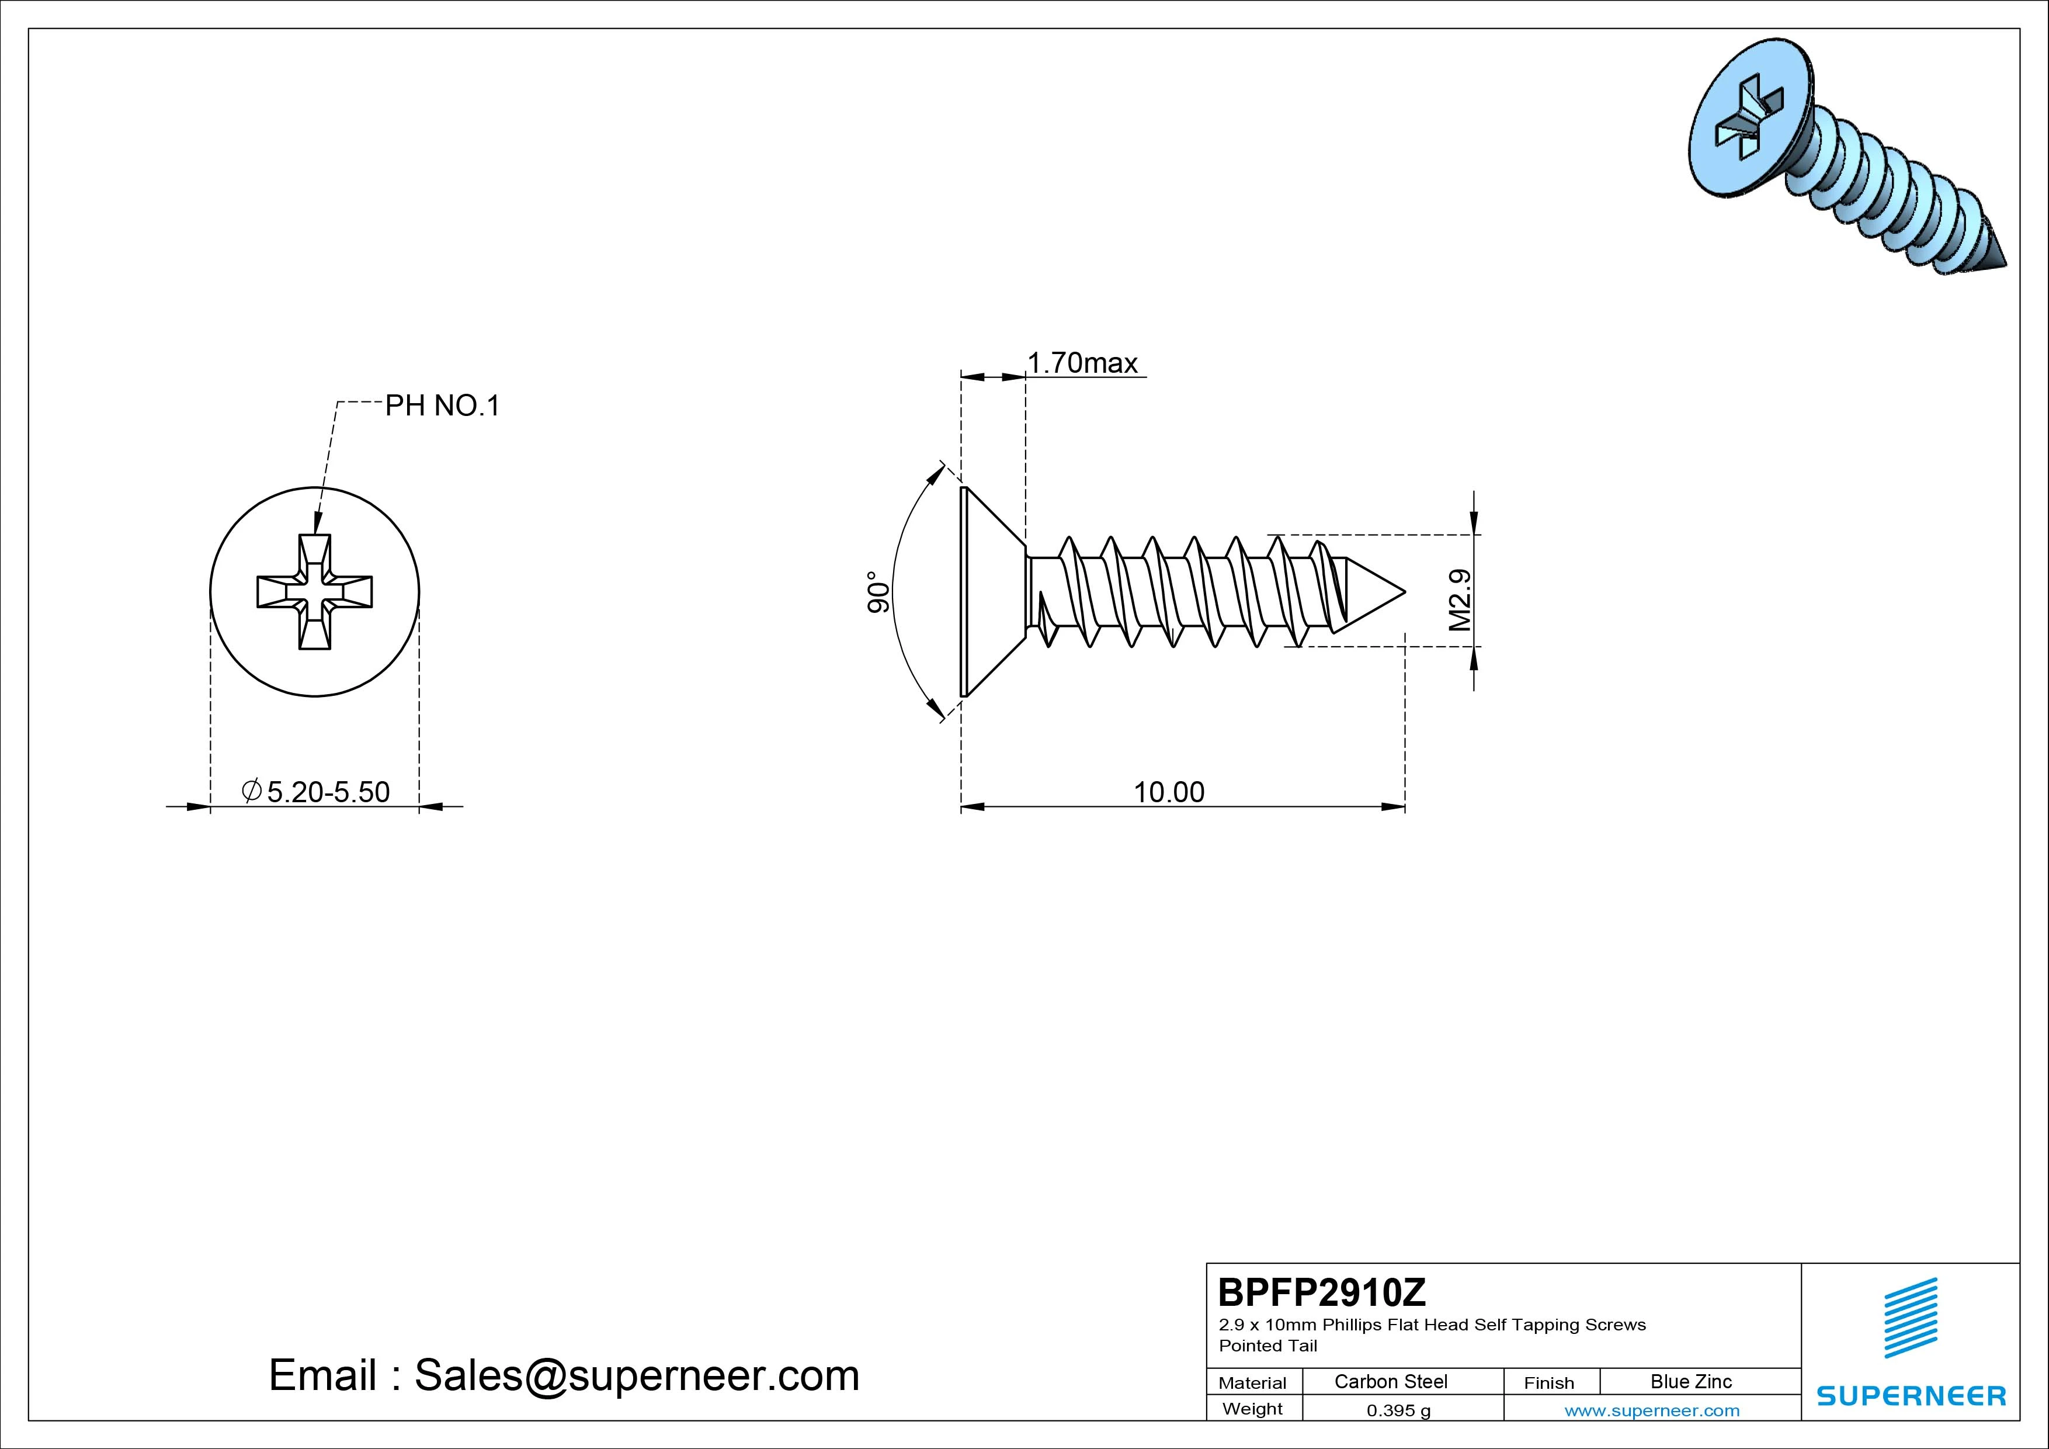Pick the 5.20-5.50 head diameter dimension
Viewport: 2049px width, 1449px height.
tap(316, 792)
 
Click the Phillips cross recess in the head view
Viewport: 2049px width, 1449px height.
tap(315, 592)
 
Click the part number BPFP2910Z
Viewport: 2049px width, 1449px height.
tap(1322, 1292)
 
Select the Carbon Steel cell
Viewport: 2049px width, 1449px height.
tap(1390, 1382)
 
